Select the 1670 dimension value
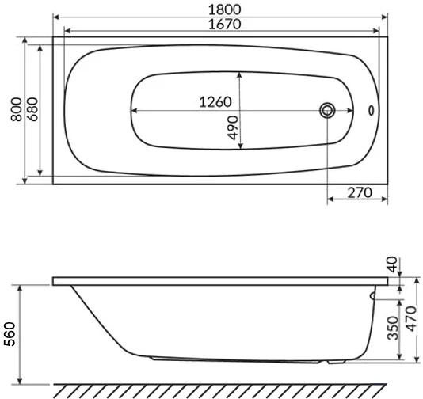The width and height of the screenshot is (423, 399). (x=221, y=24)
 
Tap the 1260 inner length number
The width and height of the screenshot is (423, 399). (x=213, y=102)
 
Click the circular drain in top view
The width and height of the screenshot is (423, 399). (x=326, y=110)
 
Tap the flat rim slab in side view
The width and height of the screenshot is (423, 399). (x=222, y=281)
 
